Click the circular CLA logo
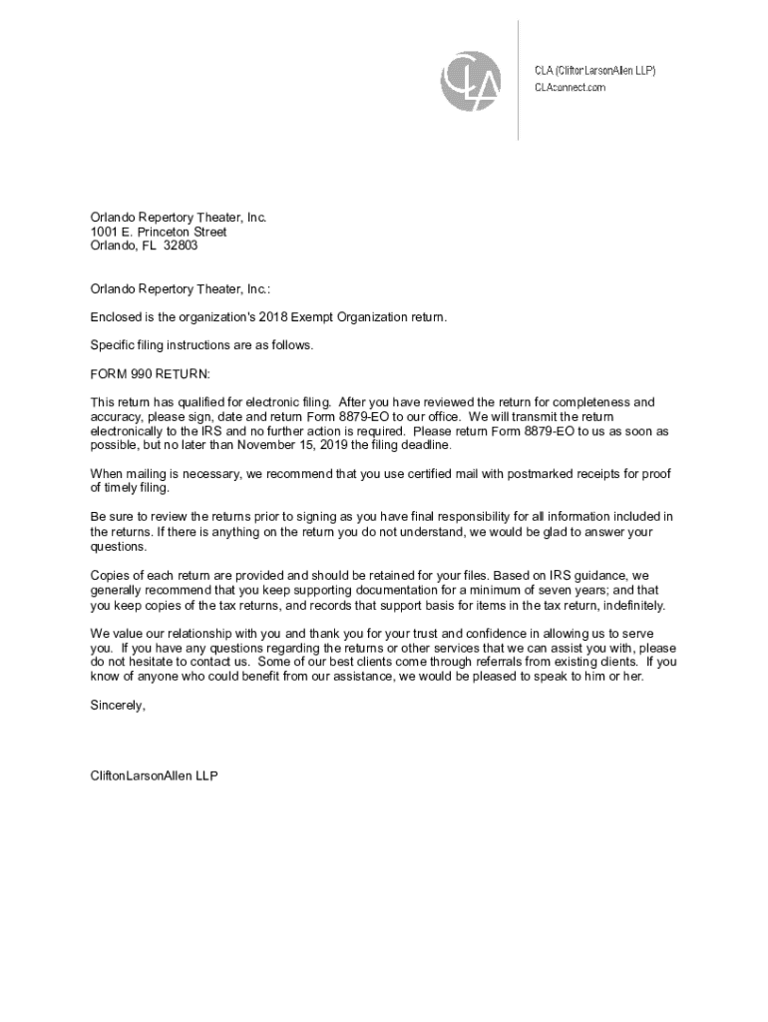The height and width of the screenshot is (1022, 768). (471, 78)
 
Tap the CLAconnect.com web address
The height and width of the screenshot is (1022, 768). (570, 88)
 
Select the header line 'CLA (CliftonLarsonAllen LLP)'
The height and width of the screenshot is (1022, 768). (594, 70)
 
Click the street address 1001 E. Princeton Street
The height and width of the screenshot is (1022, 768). (159, 232)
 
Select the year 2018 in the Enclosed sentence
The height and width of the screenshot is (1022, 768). (273, 317)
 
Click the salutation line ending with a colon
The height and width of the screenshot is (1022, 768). (180, 289)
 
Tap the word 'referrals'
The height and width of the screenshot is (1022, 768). (483, 662)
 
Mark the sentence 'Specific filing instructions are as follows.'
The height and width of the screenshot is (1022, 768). (201, 345)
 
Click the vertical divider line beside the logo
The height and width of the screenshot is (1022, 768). (518, 80)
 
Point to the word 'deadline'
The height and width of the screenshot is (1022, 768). (428, 445)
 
